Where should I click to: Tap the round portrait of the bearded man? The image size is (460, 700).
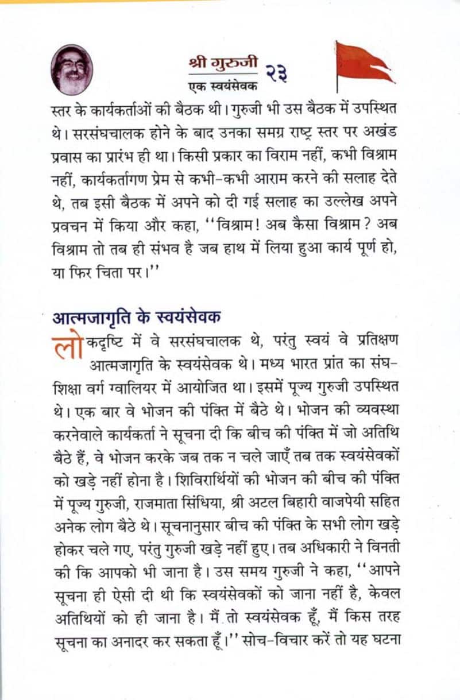(x=72, y=69)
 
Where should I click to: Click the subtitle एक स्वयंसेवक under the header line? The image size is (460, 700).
(x=223, y=86)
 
